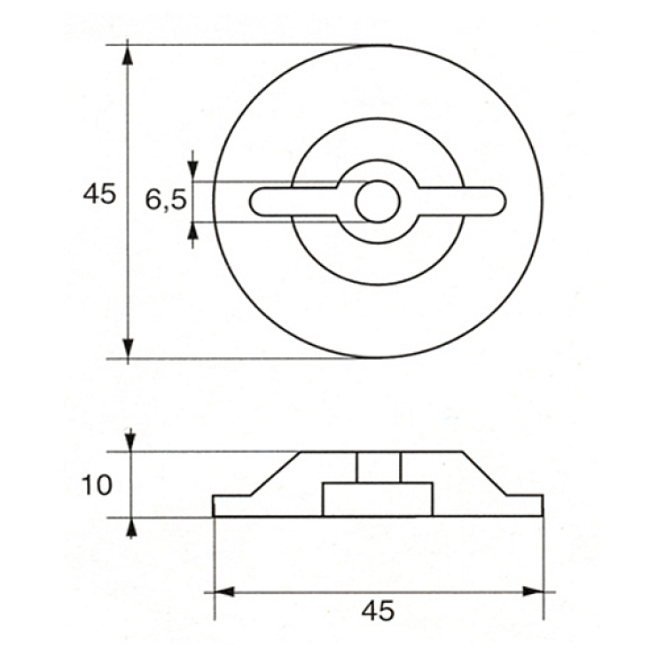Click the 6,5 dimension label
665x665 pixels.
coord(166,199)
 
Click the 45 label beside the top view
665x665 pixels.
coord(99,194)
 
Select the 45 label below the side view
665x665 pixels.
coord(378,611)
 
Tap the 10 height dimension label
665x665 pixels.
coord(97,485)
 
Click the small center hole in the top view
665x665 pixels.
coord(378,201)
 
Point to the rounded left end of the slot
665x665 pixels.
coord(255,202)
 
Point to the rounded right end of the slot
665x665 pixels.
coord(499,202)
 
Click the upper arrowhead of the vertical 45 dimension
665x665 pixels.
coord(128,57)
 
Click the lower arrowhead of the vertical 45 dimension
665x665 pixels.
coord(128,348)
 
